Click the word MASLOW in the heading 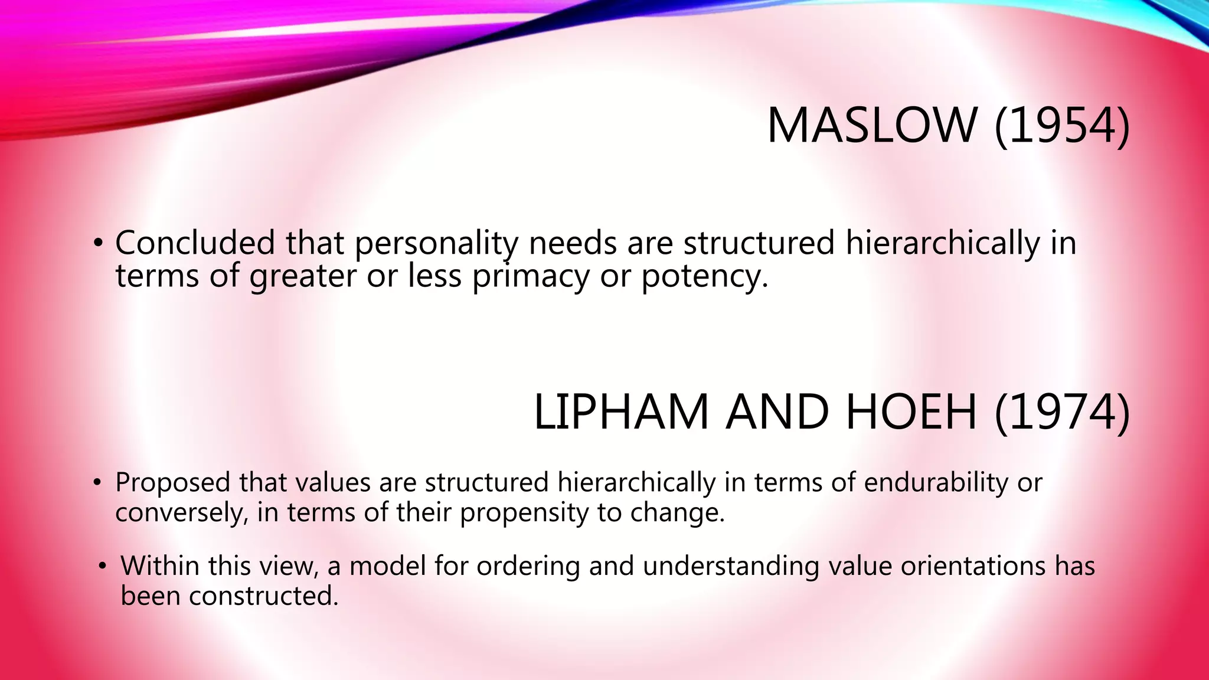point(871,125)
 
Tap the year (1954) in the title point(1062,125)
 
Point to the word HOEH point(911,411)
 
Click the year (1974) point(1062,411)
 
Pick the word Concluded point(195,243)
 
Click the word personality point(436,244)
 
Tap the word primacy point(530,276)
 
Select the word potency point(704,276)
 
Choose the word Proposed point(172,483)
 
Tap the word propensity point(524,512)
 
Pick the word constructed point(263,596)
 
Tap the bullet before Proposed point(97,483)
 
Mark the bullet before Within point(103,566)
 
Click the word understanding point(730,566)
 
